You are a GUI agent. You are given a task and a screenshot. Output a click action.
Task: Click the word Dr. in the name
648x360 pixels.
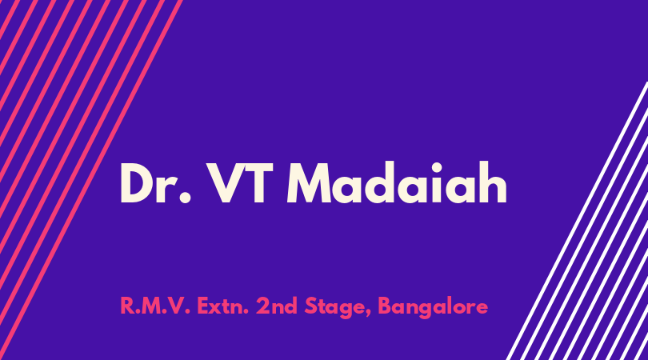point(156,182)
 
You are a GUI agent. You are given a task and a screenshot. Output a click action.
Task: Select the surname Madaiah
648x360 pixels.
point(397,182)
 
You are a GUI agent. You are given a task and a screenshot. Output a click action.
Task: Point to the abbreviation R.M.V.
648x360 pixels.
point(155,306)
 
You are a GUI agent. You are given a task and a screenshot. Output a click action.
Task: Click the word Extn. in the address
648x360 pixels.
point(222,306)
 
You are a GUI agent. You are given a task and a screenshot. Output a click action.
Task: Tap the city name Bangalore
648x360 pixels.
point(433,307)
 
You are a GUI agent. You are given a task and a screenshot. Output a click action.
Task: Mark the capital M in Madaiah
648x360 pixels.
point(309,183)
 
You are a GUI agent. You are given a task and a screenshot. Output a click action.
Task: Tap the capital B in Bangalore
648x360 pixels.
point(385,306)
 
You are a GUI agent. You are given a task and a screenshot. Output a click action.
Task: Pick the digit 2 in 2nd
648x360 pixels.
point(262,306)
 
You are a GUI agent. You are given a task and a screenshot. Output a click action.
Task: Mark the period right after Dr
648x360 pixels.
point(186,198)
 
